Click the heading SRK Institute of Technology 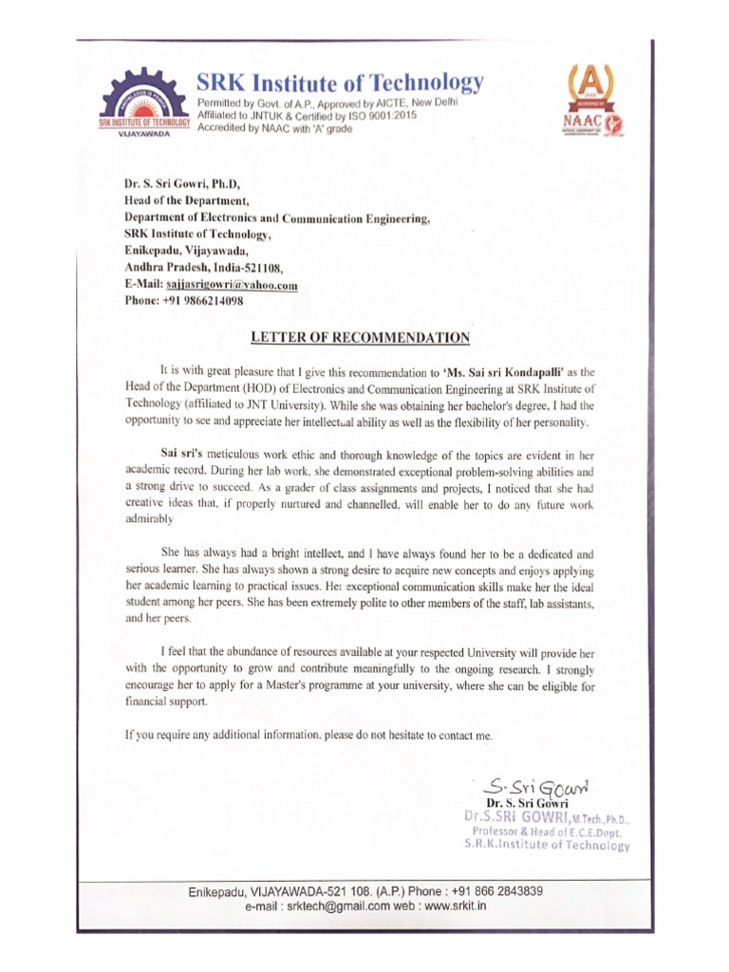[x=340, y=83]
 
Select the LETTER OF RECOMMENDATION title [x=359, y=337]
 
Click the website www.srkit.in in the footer [x=454, y=907]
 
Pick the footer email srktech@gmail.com [x=320, y=907]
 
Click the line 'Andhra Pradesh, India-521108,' [x=203, y=268]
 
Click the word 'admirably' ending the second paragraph [x=149, y=520]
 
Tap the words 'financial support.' [x=165, y=702]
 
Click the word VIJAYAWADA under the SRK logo [x=144, y=135]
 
